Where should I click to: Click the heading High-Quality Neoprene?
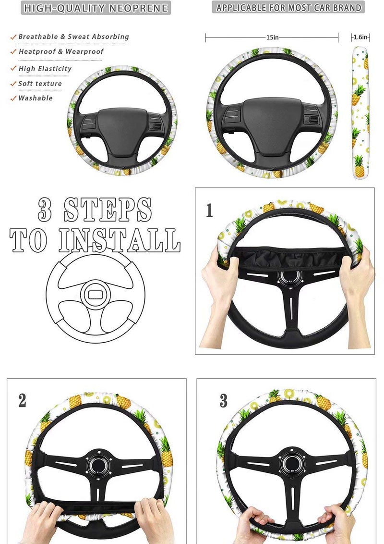[96, 8]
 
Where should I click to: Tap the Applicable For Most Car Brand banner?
[288, 8]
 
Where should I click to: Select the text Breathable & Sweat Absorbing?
[73, 37]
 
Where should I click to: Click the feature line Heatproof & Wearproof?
[61, 51]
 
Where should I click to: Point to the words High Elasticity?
[45, 69]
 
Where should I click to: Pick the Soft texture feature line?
[40, 84]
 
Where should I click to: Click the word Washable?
[36, 98]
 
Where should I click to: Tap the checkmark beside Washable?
[13, 98]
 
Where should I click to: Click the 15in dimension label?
[273, 37]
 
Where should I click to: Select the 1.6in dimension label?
[361, 37]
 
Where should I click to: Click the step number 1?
[209, 210]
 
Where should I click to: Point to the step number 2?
[22, 400]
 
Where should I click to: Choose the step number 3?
[223, 401]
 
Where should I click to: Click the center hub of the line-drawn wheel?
[95, 294]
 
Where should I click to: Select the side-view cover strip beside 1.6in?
[360, 113]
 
